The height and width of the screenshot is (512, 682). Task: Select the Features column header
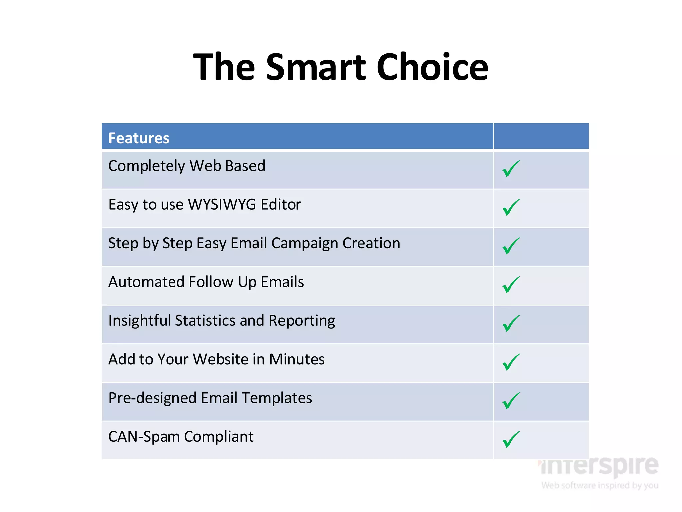point(139,138)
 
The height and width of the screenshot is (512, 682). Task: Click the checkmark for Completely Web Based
point(511,169)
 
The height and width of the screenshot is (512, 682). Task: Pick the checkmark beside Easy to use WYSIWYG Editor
point(511,207)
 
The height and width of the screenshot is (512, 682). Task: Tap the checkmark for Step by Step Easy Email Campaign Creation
point(511,246)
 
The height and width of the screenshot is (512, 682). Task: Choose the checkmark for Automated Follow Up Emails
point(511,285)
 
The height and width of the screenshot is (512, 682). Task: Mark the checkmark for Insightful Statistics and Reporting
point(511,323)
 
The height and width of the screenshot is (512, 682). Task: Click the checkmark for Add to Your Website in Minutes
point(511,362)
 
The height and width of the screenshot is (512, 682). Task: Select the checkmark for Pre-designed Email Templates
point(511,401)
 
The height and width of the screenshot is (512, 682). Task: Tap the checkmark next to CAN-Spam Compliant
point(511,439)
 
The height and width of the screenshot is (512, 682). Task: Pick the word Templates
point(277,398)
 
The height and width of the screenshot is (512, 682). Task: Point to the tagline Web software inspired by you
point(600,485)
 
